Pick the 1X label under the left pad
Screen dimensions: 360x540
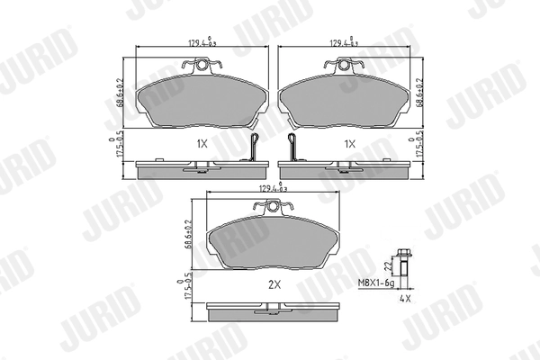[x=202, y=144]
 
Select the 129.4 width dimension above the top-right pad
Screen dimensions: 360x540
[x=346, y=41]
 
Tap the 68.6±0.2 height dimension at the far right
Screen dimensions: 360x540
[x=420, y=91]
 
